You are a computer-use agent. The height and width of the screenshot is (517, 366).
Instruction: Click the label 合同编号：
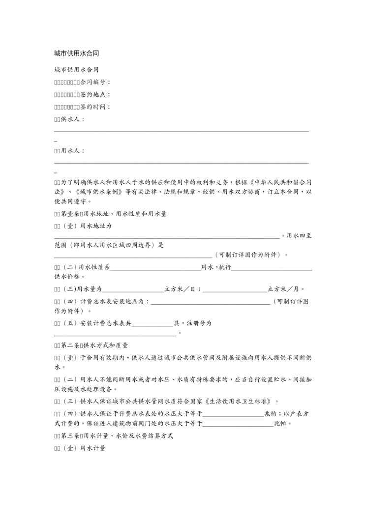coord(95,82)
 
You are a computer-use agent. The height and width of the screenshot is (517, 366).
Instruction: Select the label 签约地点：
coord(95,94)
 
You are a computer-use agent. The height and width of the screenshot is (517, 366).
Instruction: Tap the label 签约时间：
coord(95,107)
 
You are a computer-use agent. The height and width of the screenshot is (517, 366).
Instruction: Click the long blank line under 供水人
coord(181,131)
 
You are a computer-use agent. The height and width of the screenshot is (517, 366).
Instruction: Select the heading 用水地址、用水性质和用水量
coord(125,214)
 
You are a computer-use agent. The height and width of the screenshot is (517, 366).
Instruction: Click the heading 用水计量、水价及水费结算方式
coord(128,435)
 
